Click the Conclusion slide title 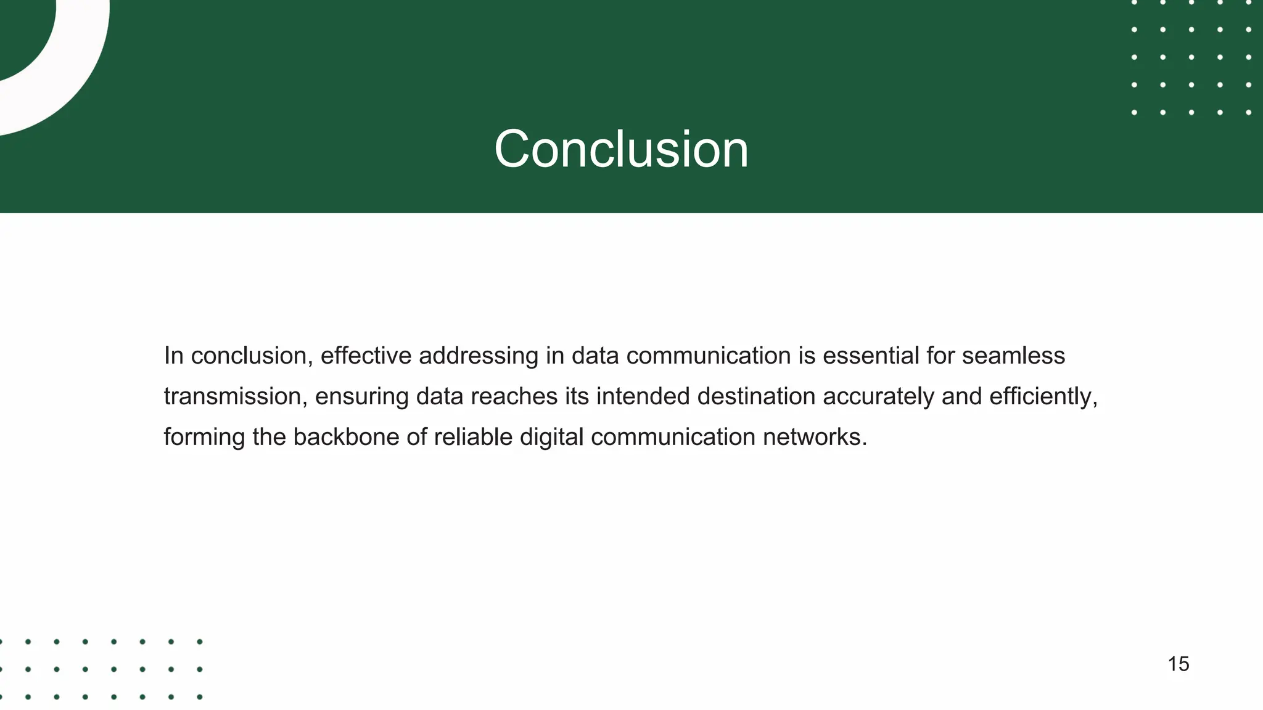621,149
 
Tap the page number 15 1178,664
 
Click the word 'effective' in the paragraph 366,356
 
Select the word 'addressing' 479,356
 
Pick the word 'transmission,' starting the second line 236,396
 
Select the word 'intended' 643,396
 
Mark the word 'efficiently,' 1043,397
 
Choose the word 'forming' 205,438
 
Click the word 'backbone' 346,437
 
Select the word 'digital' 551,438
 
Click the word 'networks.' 815,437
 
